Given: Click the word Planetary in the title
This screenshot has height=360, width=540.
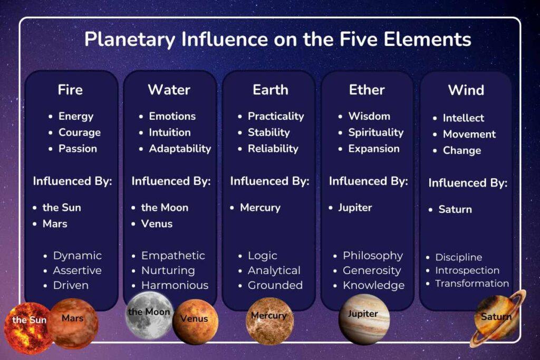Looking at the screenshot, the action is pyautogui.click(x=130, y=39).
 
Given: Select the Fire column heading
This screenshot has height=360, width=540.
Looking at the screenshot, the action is pyautogui.click(x=70, y=90).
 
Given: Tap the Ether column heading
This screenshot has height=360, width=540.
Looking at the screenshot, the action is pyautogui.click(x=367, y=90).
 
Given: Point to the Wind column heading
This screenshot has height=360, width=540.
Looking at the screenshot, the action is pyautogui.click(x=466, y=90).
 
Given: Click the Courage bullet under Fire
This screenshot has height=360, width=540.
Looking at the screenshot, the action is pyautogui.click(x=80, y=132).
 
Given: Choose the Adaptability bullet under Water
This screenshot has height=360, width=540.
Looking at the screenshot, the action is pyautogui.click(x=180, y=149).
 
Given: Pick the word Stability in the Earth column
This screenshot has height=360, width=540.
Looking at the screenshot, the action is pyautogui.click(x=268, y=132).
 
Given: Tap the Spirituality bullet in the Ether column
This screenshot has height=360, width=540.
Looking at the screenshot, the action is pyautogui.click(x=375, y=132).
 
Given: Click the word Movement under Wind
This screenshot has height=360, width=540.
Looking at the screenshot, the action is pyautogui.click(x=469, y=134).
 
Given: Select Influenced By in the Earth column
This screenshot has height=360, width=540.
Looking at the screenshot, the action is pyautogui.click(x=269, y=181).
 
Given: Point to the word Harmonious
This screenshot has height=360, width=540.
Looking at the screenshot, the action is pyautogui.click(x=175, y=285).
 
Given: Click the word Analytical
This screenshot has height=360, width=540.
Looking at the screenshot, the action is pyautogui.click(x=274, y=270).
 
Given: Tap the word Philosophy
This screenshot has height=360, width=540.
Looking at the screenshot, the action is pyautogui.click(x=373, y=256).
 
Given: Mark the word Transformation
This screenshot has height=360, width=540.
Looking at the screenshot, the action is pyautogui.click(x=472, y=284).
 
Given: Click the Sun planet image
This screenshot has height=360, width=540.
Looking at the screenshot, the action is pyautogui.click(x=29, y=328).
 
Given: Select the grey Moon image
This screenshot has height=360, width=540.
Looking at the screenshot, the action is pyautogui.click(x=149, y=315).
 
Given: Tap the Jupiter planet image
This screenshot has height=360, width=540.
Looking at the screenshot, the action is pyautogui.click(x=364, y=319).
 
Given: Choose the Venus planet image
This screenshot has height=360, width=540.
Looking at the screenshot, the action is pyautogui.click(x=195, y=322).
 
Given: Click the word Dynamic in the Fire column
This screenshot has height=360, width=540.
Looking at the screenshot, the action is pyautogui.click(x=77, y=256).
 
